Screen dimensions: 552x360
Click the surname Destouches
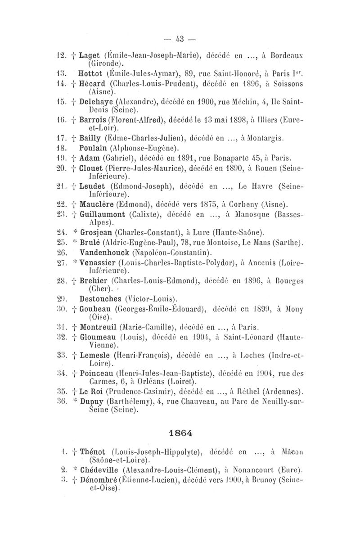(x=101, y=298)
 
